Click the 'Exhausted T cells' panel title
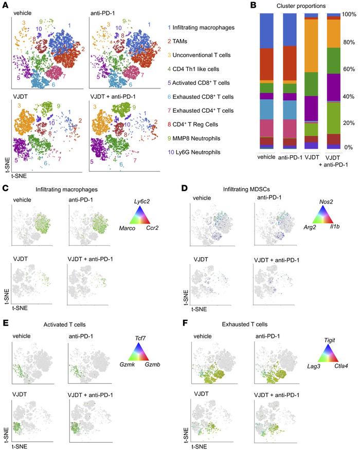point(230,305)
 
